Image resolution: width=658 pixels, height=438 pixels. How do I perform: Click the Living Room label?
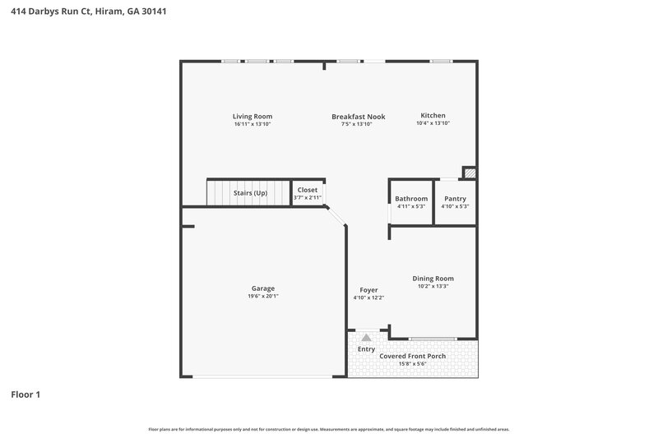[x=253, y=117]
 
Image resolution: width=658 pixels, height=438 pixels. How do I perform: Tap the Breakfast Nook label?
[x=358, y=117]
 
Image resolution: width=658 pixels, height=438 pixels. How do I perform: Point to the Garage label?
[x=263, y=288]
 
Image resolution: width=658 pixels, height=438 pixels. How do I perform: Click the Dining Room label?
[x=433, y=279]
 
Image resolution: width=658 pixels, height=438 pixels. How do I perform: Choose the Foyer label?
[x=368, y=290]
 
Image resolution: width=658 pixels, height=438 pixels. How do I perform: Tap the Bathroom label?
[x=411, y=199]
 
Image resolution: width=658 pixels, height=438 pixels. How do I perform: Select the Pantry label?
[x=455, y=199]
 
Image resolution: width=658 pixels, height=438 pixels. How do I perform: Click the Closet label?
[x=308, y=190]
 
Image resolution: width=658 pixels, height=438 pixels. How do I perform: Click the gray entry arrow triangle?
[x=366, y=337]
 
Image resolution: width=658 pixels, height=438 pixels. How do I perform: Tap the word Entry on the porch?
[x=366, y=349]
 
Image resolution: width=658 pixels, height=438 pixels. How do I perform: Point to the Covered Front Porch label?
[x=418, y=356]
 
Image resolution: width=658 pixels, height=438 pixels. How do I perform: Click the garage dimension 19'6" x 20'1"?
[x=263, y=297]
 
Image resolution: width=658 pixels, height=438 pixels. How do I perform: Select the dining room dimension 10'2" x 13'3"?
[x=433, y=287]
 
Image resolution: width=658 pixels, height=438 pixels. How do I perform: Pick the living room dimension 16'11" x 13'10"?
[x=253, y=124]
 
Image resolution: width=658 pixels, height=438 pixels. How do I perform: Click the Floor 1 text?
[x=25, y=394]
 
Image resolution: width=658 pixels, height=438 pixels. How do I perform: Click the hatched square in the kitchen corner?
[x=470, y=173]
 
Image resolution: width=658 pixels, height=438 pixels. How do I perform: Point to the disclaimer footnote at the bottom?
[x=329, y=429]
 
